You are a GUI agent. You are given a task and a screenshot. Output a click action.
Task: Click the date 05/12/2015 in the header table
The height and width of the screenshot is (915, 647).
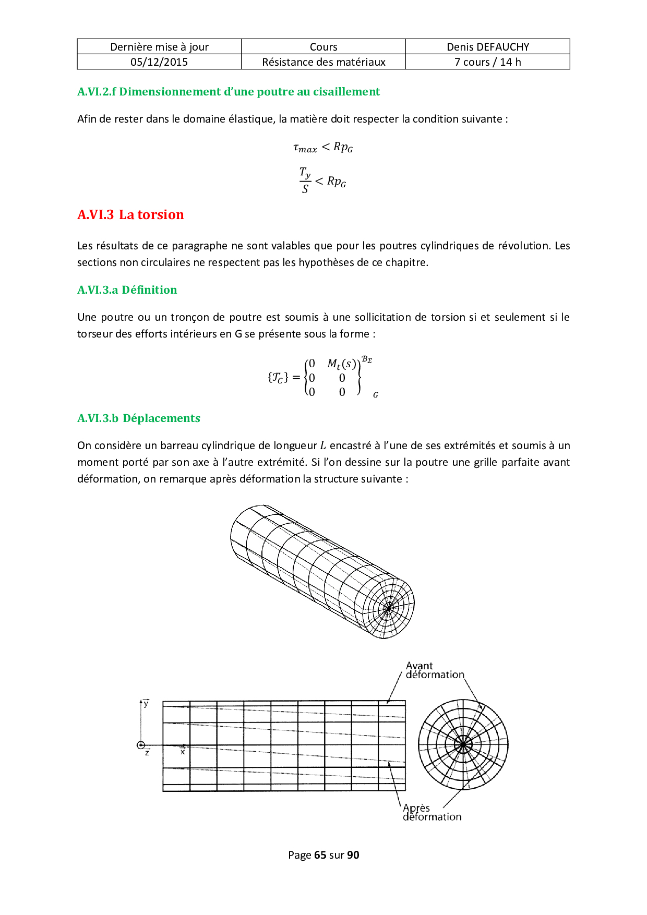159,62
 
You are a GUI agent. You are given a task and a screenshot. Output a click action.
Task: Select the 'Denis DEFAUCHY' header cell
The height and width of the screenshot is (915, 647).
488,47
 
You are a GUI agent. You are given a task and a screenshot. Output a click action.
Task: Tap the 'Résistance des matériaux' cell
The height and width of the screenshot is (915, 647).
323,62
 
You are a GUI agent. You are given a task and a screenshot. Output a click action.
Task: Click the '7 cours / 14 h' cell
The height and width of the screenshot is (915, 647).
488,62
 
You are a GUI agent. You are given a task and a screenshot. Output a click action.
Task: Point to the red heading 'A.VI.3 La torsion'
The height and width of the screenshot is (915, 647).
130,215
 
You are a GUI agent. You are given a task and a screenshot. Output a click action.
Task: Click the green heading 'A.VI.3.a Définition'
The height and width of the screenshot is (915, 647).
127,290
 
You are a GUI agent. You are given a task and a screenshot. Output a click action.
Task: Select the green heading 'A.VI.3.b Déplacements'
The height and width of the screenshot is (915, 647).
139,418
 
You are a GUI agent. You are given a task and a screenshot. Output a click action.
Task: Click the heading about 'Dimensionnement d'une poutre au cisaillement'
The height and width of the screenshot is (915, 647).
229,92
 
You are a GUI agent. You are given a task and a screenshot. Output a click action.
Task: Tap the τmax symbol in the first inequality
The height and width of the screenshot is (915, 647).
305,148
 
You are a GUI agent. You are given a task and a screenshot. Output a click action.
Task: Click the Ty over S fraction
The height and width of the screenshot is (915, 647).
305,180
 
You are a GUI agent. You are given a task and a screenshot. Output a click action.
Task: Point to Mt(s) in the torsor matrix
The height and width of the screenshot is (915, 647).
342,364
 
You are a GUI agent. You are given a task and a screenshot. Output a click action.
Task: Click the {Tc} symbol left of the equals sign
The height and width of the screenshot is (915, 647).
278,377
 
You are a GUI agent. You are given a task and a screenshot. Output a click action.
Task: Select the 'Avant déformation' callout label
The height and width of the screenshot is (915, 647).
434,670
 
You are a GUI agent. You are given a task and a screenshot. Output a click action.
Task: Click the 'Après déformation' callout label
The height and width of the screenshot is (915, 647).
432,812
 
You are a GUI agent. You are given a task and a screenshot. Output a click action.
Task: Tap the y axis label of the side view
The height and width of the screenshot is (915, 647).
146,704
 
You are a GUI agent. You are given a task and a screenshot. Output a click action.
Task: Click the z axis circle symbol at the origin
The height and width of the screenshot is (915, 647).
141,745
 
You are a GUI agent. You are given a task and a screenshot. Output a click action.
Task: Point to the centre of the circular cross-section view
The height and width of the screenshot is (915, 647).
463,744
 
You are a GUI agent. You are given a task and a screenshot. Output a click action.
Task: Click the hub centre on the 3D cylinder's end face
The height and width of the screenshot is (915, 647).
389,608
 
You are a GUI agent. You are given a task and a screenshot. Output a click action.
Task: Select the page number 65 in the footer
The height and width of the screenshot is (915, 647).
320,855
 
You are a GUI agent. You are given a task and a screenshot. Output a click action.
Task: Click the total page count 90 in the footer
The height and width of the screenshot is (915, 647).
353,855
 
